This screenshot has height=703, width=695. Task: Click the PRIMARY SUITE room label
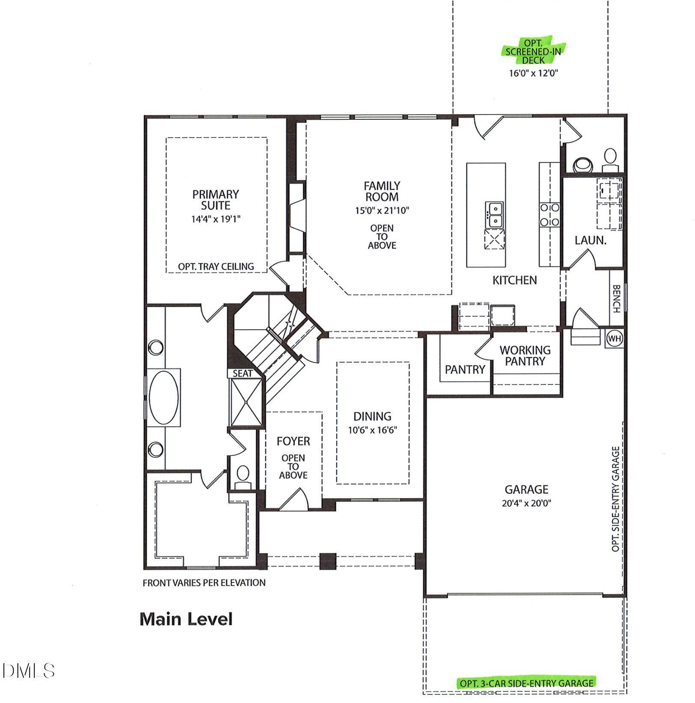click(x=215, y=200)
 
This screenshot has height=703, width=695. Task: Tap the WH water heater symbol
click(x=614, y=339)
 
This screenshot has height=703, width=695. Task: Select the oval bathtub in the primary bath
click(x=163, y=397)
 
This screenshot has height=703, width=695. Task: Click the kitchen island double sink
click(x=494, y=215)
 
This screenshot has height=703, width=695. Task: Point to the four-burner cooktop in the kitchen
click(x=549, y=215)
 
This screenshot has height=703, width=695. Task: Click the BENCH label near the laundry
click(x=616, y=298)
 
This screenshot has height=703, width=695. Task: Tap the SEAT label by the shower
click(x=242, y=373)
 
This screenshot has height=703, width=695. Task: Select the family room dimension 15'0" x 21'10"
click(x=382, y=210)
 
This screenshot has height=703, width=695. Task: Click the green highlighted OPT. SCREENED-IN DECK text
click(x=533, y=51)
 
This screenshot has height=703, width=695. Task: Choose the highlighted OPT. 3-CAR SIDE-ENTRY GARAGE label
click(x=526, y=683)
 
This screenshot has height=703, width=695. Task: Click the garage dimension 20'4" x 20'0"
click(x=526, y=503)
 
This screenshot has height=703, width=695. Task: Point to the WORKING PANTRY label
click(x=525, y=356)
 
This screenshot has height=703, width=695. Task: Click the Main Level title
click(x=186, y=619)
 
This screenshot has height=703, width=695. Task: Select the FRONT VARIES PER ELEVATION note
click(x=204, y=582)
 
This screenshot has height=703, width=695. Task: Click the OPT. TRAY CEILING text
click(x=216, y=266)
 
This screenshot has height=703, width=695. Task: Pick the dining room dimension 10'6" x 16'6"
click(x=372, y=430)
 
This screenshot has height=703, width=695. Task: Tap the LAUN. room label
click(x=590, y=240)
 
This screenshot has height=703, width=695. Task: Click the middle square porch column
click(x=328, y=561)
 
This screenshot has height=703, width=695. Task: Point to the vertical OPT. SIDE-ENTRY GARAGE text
click(x=615, y=499)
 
